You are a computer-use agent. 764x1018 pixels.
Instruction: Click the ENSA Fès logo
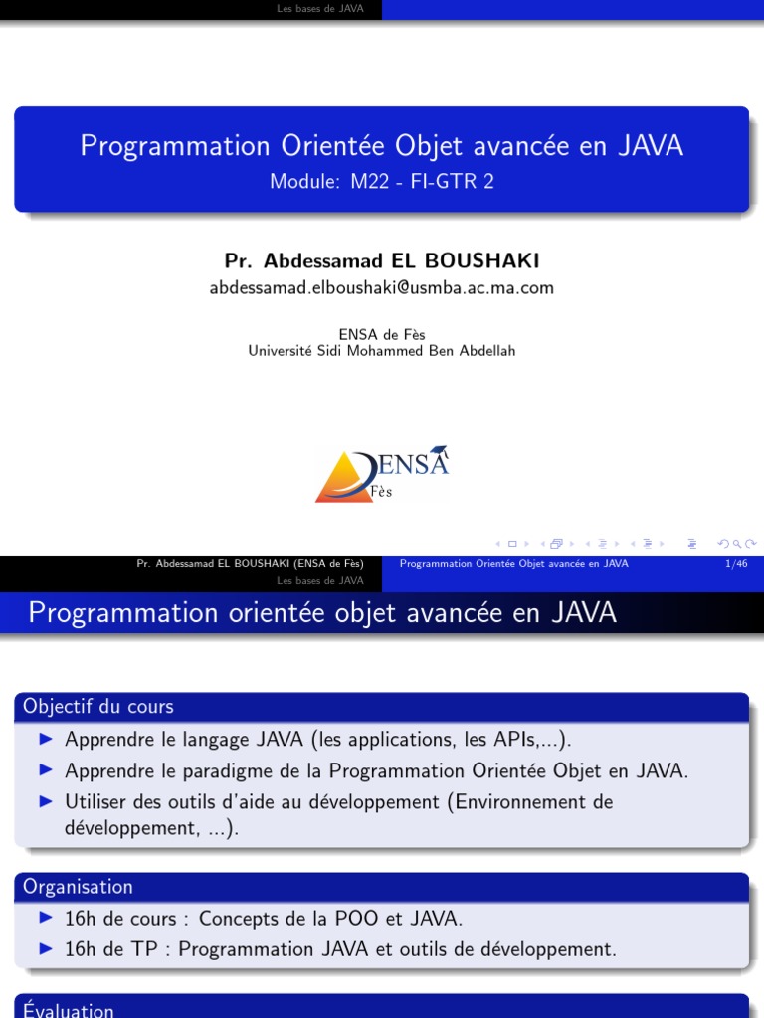[x=382, y=473]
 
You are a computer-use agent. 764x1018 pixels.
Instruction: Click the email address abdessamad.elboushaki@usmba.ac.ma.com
[x=381, y=288]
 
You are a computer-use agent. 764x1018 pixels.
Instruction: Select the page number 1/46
[x=737, y=564]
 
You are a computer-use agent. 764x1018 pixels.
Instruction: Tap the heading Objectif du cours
[x=98, y=707]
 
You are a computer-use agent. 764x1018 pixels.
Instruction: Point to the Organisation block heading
[x=78, y=887]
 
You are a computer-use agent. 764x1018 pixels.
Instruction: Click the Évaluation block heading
[x=69, y=1010]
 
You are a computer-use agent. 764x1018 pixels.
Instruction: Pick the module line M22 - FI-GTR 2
[x=382, y=181]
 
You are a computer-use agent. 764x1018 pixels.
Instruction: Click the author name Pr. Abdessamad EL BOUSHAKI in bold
[x=382, y=260]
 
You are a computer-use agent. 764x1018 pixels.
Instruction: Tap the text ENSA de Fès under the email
[x=382, y=335]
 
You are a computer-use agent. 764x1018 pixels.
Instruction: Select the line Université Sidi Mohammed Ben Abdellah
[x=382, y=351]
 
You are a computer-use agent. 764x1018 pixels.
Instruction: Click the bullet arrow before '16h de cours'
[x=45, y=919]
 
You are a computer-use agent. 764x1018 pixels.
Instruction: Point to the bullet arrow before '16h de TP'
[x=45, y=949]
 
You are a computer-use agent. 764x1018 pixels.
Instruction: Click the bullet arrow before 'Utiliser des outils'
[x=45, y=801]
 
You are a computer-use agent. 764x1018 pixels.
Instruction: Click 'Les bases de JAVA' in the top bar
[x=320, y=9]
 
